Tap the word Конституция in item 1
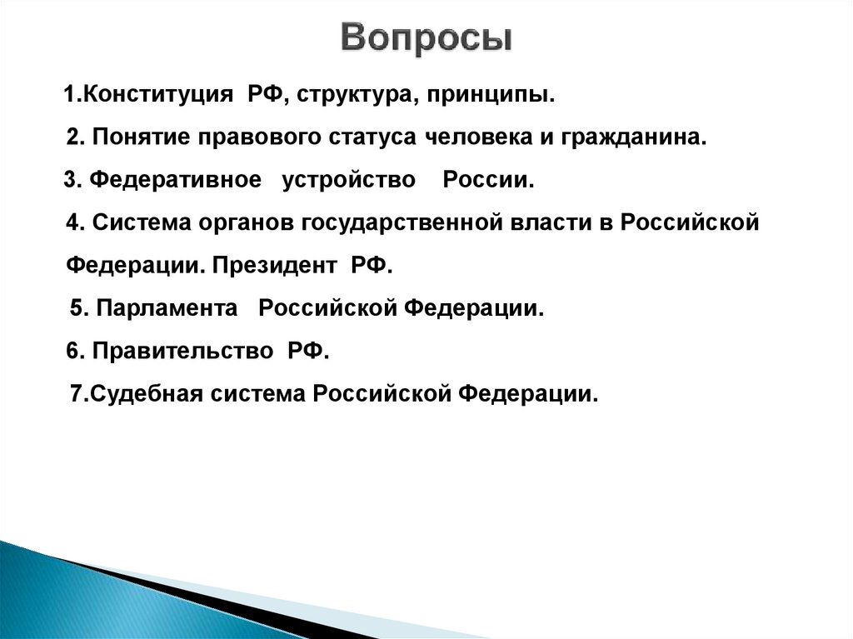coord(157,94)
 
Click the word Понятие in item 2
coord(140,137)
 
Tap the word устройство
coord(348,181)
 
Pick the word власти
coord(553,223)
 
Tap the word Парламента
coord(167,308)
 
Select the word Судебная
coord(146,394)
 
